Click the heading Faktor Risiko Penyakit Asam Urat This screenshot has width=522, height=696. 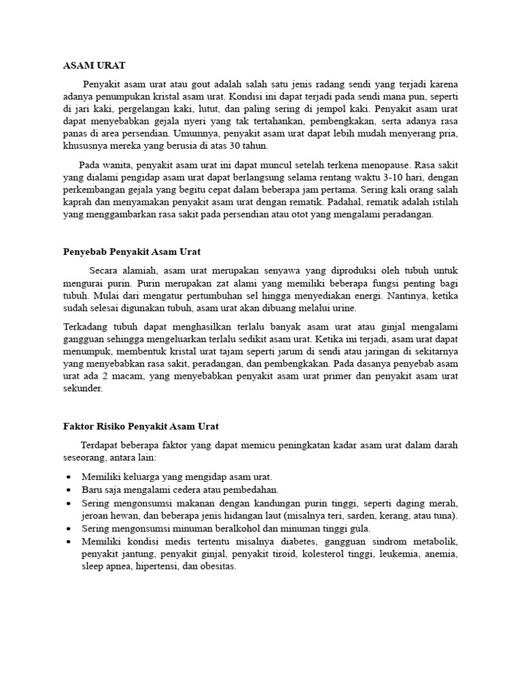(141, 426)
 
